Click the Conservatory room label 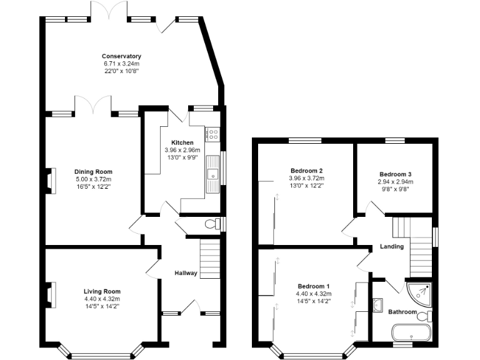click(121, 56)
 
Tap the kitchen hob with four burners click(212, 132)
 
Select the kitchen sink click(213, 176)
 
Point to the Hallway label click(186, 273)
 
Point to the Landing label click(392, 246)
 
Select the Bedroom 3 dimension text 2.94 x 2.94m click(395, 182)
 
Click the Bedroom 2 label click(306, 171)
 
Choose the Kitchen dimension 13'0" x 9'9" click(182, 157)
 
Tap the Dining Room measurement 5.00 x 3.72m click(93, 179)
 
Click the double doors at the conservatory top click(110, 11)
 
